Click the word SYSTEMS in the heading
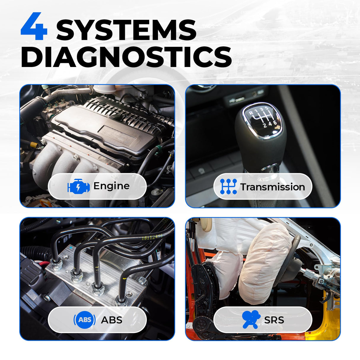(x=126, y=30)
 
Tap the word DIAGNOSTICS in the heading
(x=126, y=57)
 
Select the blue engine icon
(x=79, y=186)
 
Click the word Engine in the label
(x=111, y=186)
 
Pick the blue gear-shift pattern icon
(x=228, y=187)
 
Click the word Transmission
(x=272, y=187)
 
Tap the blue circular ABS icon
(x=84, y=320)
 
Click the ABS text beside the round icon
(x=111, y=320)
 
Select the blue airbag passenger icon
(x=251, y=319)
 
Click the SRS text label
(x=274, y=320)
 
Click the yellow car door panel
(x=329, y=320)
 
